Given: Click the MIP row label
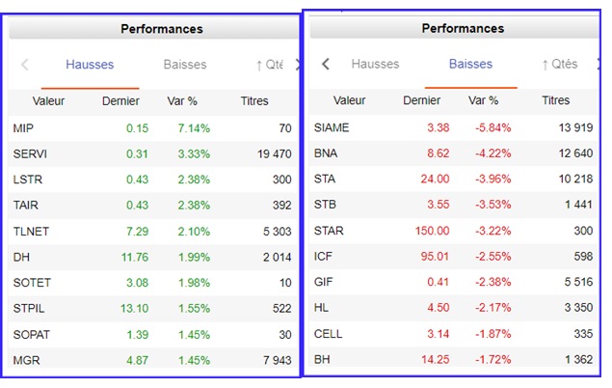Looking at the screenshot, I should point(23,128).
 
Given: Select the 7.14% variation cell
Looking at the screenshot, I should point(194,128).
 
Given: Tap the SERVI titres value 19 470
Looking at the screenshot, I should point(275,154).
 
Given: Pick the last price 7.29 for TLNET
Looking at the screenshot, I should point(136,206).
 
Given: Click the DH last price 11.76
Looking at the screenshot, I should point(133,232).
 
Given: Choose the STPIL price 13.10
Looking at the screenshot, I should point(133,283).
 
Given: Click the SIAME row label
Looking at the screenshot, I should point(332,127).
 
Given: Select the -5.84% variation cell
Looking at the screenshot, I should point(492,127).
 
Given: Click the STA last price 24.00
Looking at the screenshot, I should point(433,179).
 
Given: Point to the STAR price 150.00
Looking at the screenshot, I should point(430,231).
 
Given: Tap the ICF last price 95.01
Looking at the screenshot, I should point(433,257).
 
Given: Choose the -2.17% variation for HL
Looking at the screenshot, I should point(492,309).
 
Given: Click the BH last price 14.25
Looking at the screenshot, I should point(433,360).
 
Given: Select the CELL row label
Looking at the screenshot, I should point(329,334).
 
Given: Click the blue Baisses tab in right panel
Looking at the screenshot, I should point(470,65).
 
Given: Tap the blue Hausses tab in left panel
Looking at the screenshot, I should point(90,65).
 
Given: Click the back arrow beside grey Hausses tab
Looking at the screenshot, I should point(326,65).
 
